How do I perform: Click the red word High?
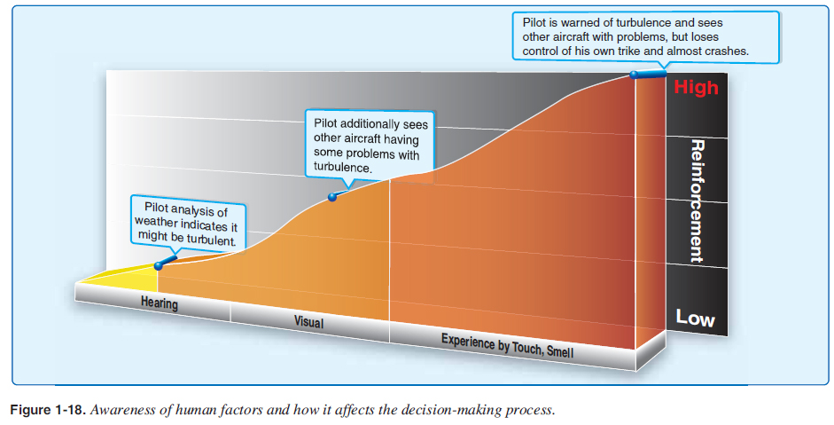click(x=696, y=87)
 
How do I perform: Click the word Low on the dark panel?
click(x=695, y=318)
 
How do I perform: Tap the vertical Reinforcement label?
click(x=697, y=201)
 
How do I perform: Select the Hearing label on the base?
click(x=160, y=304)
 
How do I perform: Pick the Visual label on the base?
click(x=308, y=322)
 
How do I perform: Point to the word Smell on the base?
click(x=559, y=351)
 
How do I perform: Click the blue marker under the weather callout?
click(x=159, y=264)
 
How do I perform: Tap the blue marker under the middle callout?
click(x=332, y=197)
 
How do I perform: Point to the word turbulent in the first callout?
click(x=209, y=240)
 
